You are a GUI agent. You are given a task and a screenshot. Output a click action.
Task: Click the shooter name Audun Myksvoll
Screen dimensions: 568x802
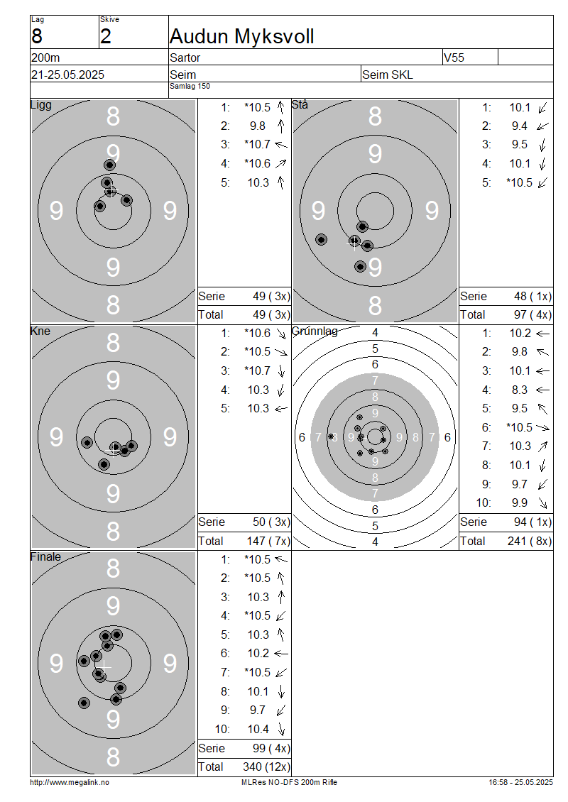coord(241,36)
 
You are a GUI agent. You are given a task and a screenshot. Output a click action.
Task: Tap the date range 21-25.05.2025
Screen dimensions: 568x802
coord(67,75)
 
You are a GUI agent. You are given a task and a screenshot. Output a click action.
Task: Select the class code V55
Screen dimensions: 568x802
coord(454,57)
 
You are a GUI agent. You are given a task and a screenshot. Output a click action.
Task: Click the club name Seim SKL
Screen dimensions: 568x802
coord(388,75)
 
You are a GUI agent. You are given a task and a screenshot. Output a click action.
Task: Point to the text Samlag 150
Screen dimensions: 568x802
coord(190,86)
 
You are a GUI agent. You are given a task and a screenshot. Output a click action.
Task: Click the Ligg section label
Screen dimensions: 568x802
coord(41,105)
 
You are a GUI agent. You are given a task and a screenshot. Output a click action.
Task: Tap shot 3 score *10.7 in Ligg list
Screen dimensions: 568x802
coord(257,144)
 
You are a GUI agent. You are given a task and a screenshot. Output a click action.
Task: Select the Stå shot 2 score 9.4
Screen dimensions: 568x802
coord(520,126)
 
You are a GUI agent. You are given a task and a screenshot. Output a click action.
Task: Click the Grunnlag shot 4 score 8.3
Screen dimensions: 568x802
coord(520,390)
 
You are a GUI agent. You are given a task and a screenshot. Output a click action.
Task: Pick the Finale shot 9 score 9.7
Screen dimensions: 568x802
coord(258,710)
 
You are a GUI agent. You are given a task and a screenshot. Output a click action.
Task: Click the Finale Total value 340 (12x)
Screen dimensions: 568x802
coord(266,767)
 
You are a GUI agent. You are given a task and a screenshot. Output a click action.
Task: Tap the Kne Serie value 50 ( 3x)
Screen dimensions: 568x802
coord(271,522)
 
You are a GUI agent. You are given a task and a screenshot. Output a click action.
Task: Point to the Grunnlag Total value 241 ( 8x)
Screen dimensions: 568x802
coord(530,541)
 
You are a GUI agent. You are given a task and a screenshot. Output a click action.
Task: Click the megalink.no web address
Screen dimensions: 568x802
coord(70,782)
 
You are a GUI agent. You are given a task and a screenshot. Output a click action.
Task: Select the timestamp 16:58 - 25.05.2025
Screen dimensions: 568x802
coord(520,782)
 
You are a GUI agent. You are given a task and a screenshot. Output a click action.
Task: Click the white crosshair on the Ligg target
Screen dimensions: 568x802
coord(111,191)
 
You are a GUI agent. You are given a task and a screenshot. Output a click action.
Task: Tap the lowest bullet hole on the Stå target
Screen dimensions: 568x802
coord(360,266)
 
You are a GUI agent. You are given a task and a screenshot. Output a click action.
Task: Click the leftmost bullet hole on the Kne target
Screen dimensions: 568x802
coord(87,442)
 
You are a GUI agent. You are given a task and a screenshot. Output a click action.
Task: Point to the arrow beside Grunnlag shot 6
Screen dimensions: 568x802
coord(542,427)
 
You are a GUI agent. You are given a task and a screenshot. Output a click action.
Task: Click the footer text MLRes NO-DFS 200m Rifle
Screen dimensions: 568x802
coord(289,782)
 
